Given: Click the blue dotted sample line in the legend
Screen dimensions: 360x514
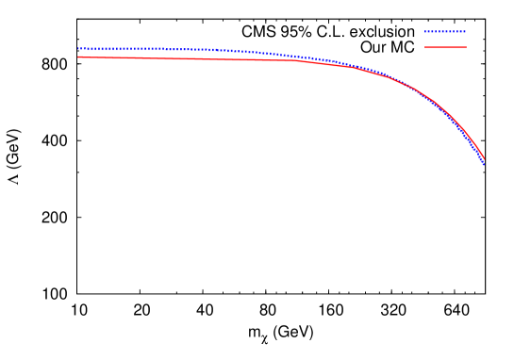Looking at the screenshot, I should (x=445, y=31).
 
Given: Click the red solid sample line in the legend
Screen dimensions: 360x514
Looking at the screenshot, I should (x=445, y=47).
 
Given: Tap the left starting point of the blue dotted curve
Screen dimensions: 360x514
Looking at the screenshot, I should (x=78, y=48).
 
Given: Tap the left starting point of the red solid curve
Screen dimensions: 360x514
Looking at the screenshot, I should (x=78, y=57).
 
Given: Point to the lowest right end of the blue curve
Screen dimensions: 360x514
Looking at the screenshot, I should (x=483, y=163).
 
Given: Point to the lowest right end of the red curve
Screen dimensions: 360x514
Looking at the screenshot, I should (x=484, y=158).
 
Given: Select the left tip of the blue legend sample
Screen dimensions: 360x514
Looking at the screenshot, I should (x=425, y=31).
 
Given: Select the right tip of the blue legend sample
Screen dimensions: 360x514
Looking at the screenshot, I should (x=465, y=31).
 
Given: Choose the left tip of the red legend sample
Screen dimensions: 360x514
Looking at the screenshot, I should (x=425, y=47).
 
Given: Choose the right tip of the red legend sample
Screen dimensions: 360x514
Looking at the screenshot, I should (x=466, y=47).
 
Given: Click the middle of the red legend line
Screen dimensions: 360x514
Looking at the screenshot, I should (x=445, y=47).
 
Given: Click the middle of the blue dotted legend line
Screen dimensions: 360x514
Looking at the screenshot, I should (x=445, y=31).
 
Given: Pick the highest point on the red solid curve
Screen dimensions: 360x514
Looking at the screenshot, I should (x=79, y=57).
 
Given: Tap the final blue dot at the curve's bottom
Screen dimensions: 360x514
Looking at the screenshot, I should (x=483, y=163).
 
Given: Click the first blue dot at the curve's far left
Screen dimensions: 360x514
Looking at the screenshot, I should (x=78, y=48).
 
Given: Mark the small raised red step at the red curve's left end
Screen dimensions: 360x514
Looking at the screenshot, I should (x=80, y=57).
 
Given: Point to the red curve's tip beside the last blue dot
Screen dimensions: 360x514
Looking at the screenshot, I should (x=484, y=157).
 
